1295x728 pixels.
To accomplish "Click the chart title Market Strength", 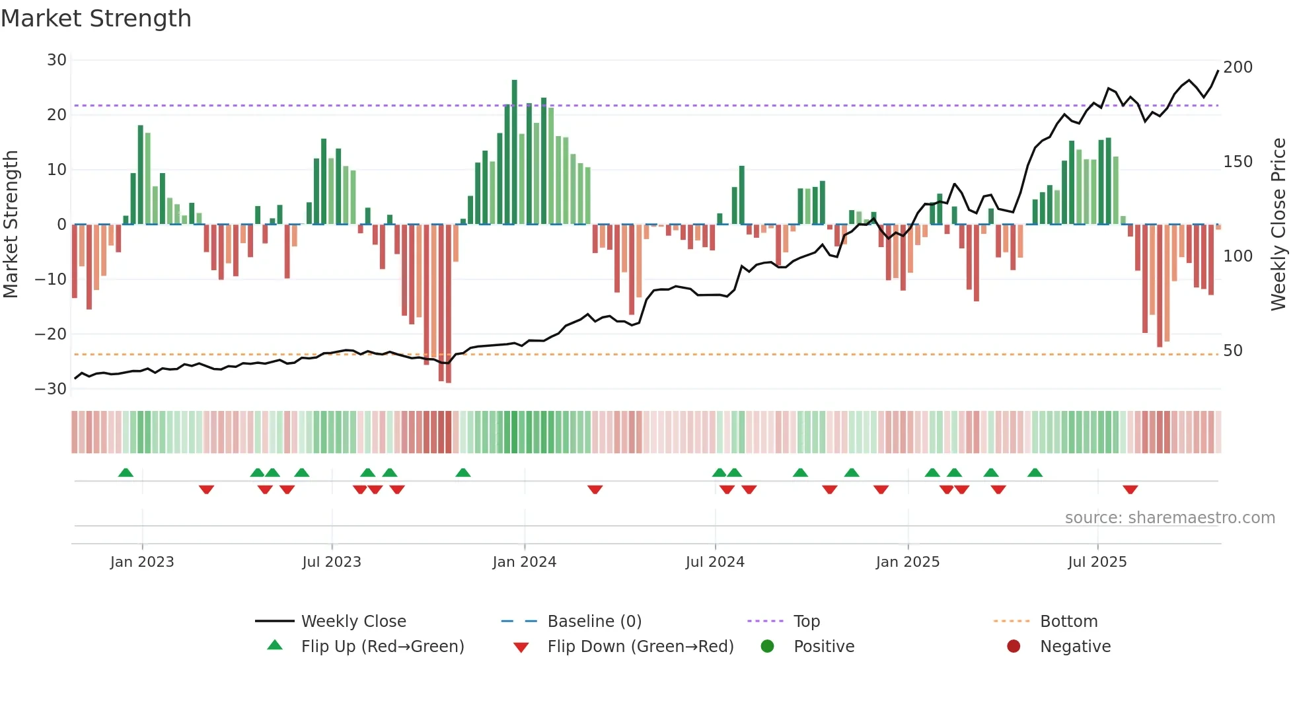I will (96, 18).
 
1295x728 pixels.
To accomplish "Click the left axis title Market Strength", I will (11, 225).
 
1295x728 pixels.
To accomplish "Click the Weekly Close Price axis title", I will (1278, 225).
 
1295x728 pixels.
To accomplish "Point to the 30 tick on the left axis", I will (57, 60).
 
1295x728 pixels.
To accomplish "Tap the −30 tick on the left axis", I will (52, 389).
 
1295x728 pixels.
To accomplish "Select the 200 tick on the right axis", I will (1238, 67).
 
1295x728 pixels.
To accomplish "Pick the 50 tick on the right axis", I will (1233, 351).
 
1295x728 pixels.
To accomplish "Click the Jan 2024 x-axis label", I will (525, 562).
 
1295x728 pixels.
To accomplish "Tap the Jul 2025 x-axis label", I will (1097, 562).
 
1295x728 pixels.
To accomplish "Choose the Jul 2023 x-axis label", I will (332, 562).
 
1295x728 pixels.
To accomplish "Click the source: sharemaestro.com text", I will (1169, 518).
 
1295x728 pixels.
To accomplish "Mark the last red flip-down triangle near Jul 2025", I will (1130, 490).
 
